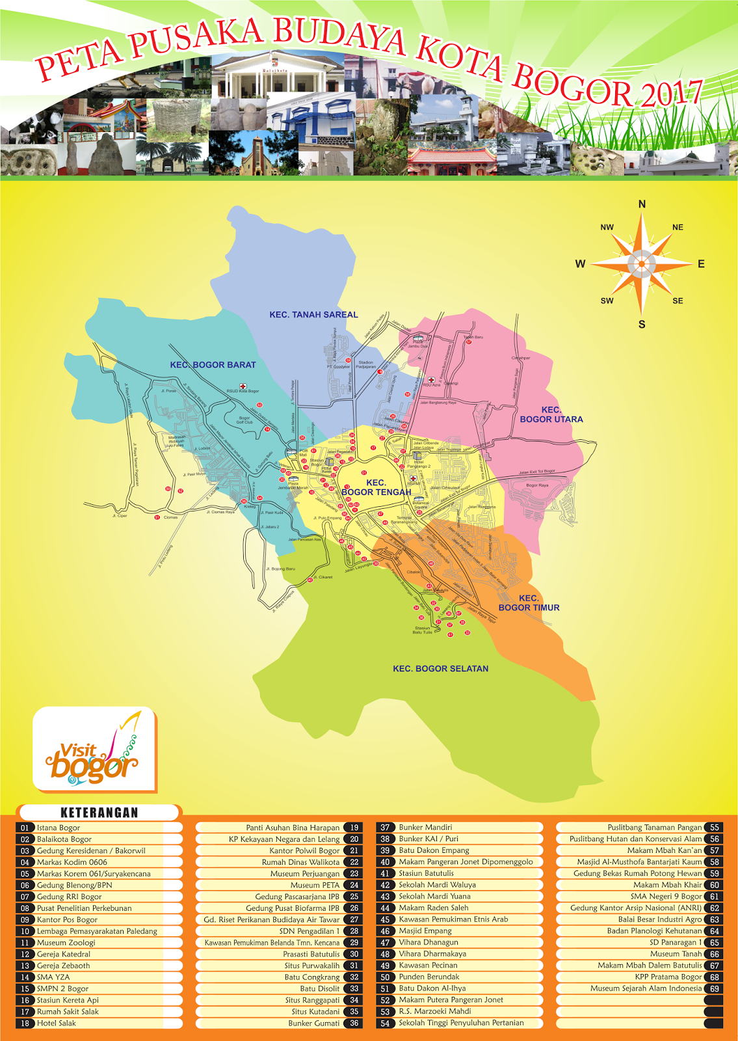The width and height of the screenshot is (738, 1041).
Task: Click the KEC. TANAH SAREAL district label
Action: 313,315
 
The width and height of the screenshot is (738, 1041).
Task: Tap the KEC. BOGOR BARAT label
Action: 213,365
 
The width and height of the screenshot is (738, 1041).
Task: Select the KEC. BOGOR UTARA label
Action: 551,414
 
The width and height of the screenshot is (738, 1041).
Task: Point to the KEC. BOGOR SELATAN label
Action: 440,669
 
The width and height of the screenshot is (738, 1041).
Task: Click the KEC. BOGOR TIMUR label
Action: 529,602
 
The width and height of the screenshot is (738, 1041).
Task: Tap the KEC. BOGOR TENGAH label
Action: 376,487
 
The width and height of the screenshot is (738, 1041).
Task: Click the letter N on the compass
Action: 642,204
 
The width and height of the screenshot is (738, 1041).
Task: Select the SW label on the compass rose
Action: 607,301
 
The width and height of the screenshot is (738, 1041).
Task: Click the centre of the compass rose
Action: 642,264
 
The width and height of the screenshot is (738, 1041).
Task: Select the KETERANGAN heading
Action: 99,813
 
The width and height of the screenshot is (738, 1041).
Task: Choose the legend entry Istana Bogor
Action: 59,828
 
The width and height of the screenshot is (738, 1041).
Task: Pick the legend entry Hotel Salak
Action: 57,1023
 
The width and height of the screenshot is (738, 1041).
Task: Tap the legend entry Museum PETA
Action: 315,885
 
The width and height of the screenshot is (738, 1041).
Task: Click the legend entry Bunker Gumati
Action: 314,1023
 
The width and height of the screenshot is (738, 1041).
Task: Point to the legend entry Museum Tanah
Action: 676,954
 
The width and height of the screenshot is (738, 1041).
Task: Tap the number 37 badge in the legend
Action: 385,828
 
